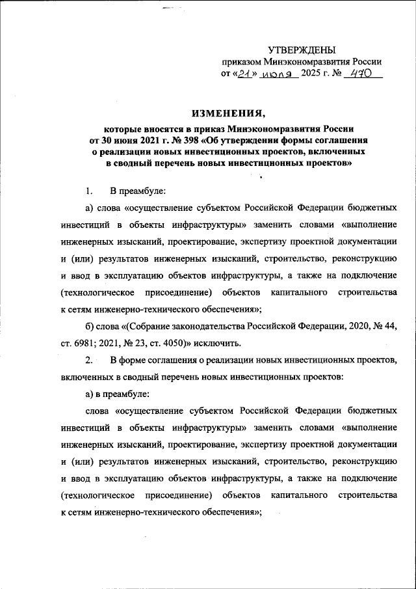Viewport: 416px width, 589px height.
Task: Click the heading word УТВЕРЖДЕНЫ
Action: [x=302, y=50]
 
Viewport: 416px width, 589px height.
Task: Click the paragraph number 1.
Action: [x=88, y=191]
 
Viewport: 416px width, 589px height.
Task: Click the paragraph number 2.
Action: [x=89, y=359]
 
